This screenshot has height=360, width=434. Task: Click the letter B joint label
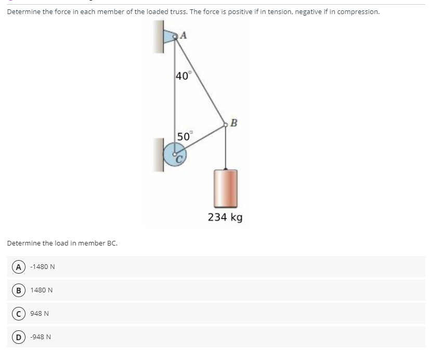pos(233,123)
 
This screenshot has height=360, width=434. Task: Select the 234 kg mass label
pos(225,217)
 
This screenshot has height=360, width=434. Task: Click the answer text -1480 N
pos(43,267)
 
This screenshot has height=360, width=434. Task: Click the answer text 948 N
pos(40,314)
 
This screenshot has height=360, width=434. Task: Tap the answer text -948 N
pos(41,337)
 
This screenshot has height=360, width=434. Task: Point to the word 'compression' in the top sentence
pos(359,12)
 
